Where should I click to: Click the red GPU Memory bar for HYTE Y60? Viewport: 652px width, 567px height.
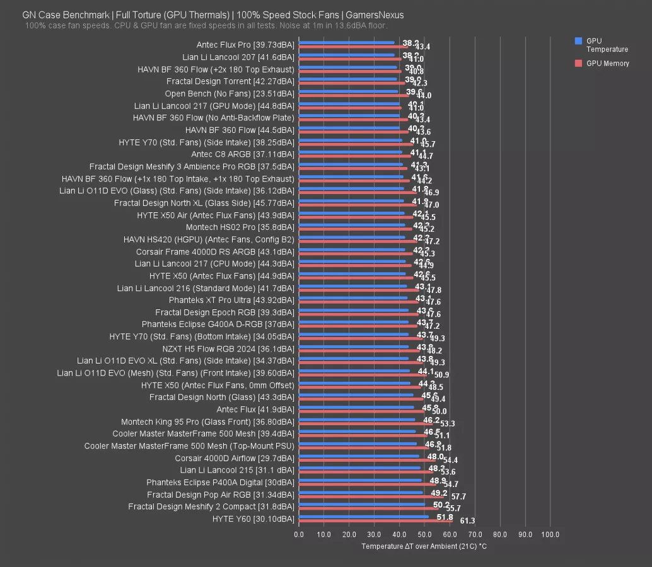[x=376, y=521]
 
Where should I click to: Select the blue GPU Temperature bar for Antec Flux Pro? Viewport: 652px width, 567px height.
[x=346, y=43]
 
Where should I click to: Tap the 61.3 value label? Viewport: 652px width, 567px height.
[x=467, y=521]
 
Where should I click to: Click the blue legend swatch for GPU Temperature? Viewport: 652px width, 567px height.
[x=578, y=41]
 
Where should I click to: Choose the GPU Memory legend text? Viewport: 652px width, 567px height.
[x=608, y=63]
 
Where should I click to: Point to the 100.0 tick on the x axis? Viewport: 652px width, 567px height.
[x=550, y=534]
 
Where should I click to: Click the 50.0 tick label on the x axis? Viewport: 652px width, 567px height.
[x=424, y=534]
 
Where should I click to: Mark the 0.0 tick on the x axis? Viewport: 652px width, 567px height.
[x=299, y=534]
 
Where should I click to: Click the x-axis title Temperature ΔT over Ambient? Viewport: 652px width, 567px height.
[x=424, y=546]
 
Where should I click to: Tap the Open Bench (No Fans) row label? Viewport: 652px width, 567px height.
[x=230, y=93]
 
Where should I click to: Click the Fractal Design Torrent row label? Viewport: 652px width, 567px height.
[x=230, y=81]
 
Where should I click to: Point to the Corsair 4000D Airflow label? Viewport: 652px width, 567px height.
[x=235, y=458]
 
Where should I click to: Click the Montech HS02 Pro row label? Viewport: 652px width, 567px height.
[x=240, y=227]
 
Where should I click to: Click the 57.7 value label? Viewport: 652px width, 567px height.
[x=458, y=497]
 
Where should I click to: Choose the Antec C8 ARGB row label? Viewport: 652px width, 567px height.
[x=242, y=154]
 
